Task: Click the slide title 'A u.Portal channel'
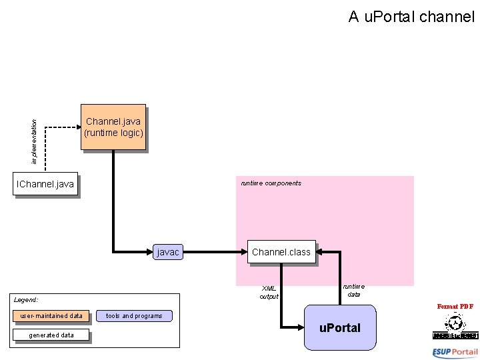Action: (411, 17)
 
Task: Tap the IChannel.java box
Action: (45, 184)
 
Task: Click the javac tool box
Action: (167, 252)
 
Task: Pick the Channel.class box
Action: (281, 252)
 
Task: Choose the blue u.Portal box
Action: (339, 327)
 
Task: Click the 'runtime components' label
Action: (271, 183)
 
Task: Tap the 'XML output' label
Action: (269, 292)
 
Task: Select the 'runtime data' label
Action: (353, 290)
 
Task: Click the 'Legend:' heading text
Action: (26, 300)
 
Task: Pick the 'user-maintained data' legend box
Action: (51, 316)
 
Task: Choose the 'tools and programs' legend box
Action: (134, 316)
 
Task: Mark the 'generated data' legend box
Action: (51, 335)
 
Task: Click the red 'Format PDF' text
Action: (455, 306)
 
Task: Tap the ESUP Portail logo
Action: (455, 352)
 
